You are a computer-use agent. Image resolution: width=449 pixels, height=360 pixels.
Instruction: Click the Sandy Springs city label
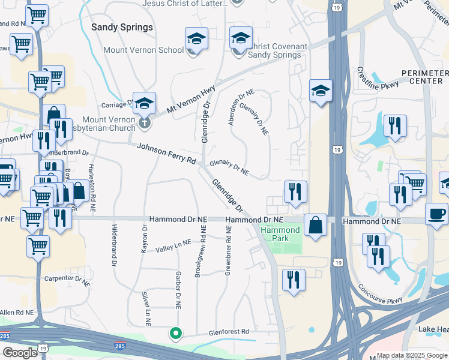[122, 28]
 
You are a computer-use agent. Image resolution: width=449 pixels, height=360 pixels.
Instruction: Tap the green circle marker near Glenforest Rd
[175, 333]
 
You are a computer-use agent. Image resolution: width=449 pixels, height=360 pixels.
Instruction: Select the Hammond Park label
[280, 234]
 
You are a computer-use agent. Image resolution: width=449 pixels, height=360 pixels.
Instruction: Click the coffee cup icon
[436, 213]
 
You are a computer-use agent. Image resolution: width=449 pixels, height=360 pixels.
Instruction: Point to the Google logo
[20, 353]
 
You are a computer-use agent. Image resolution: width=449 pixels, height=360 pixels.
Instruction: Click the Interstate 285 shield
[120, 346]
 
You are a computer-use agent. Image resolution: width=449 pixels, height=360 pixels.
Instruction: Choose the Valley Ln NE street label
[173, 245]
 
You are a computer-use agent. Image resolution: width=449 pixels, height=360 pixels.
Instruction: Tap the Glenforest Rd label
[228, 331]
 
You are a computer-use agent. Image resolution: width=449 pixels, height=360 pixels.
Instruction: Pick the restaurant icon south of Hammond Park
[294, 280]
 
